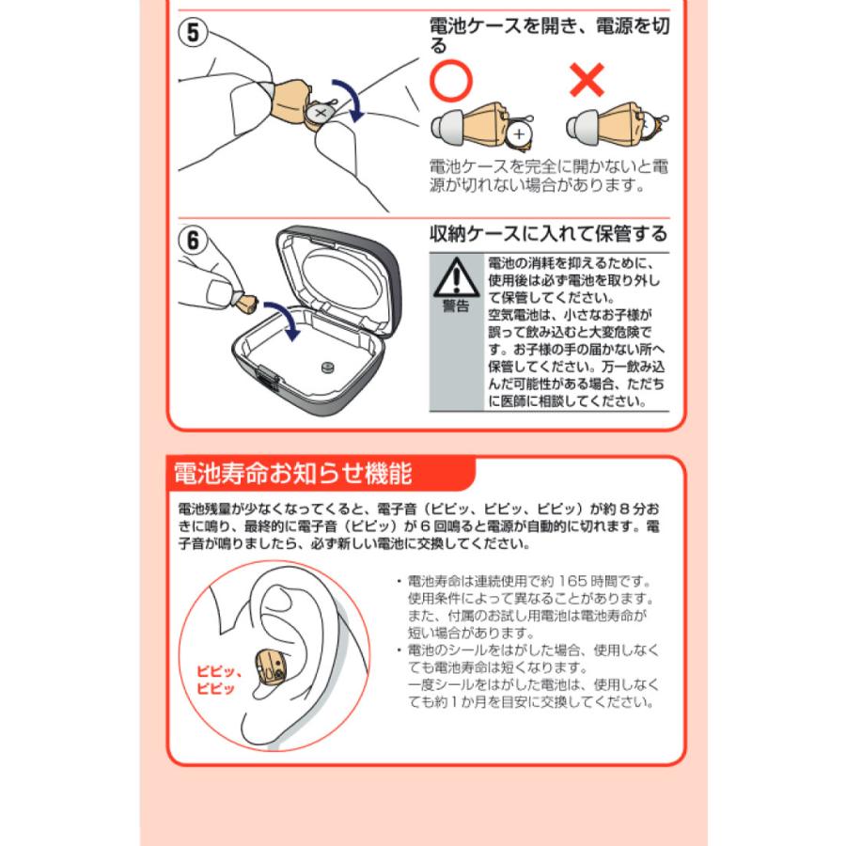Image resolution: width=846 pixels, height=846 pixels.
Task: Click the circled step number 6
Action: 193,240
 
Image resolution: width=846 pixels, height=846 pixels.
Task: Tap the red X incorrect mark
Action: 587,82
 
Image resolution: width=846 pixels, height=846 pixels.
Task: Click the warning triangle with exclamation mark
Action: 456,277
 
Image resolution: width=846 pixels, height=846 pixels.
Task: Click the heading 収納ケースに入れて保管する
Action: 547,232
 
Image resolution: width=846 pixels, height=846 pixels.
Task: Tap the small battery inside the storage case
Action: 328,368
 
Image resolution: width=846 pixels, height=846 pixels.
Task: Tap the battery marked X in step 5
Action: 321,114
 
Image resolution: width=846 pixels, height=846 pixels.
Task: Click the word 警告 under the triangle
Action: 456,307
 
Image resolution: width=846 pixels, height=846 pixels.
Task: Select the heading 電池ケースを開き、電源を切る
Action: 548,35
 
